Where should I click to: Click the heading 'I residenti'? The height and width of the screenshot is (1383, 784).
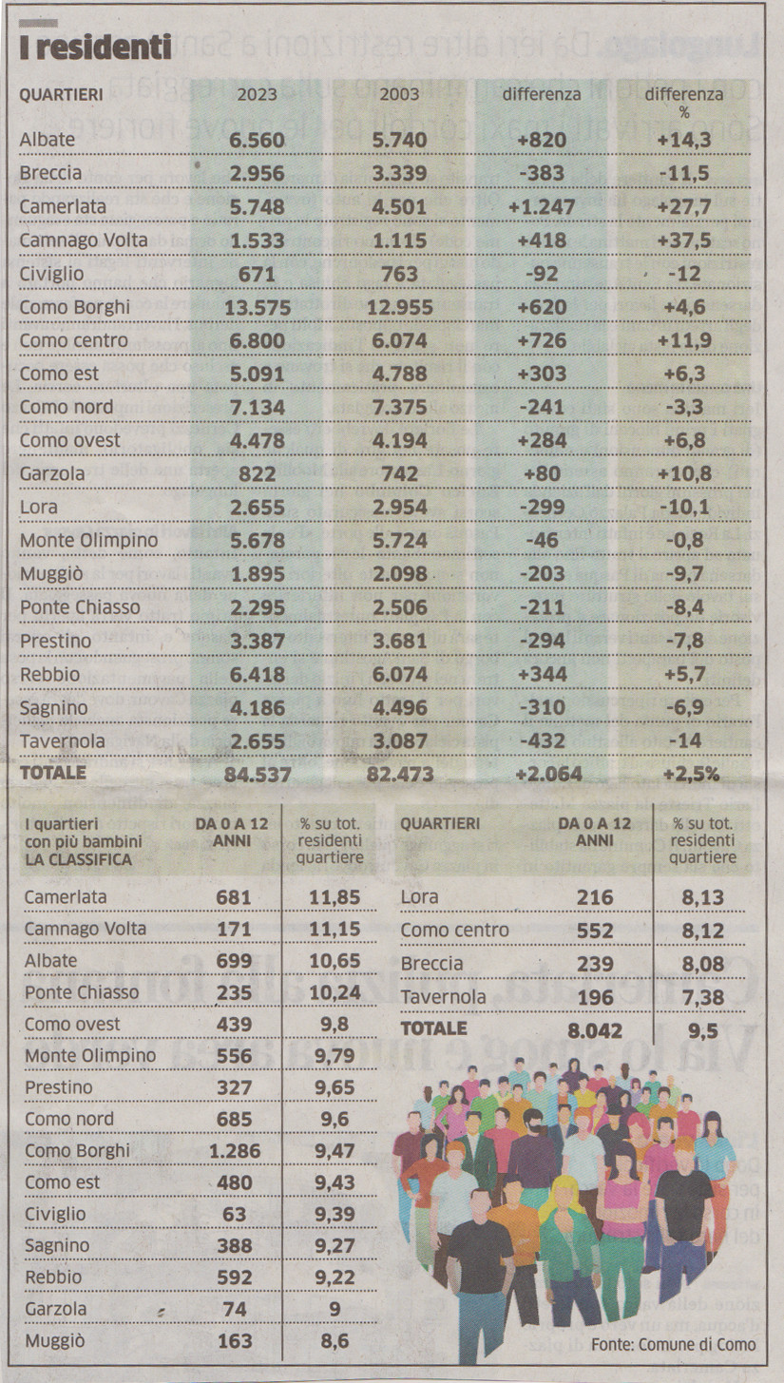(95, 47)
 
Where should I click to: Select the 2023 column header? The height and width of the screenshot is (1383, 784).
(257, 94)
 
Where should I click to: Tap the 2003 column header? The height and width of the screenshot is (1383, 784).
(399, 94)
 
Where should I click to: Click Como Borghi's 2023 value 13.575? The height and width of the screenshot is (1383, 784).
(257, 308)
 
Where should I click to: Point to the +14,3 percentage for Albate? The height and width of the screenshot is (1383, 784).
(684, 141)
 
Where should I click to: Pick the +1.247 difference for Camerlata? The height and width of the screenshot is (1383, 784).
(542, 207)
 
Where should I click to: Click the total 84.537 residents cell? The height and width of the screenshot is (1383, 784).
(257, 774)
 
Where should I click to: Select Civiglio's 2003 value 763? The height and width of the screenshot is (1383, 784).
(399, 275)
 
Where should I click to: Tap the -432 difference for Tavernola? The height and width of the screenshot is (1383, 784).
(542, 740)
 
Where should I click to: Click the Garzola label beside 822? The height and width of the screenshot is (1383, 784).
(52, 474)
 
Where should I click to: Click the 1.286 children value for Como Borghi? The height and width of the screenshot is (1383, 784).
(234, 1151)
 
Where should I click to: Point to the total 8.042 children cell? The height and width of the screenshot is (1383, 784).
(596, 1030)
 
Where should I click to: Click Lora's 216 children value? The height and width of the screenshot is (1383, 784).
(595, 897)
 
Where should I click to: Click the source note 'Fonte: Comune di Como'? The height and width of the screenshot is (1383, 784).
(673, 1344)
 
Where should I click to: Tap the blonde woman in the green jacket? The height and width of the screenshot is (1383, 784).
(567, 1240)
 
